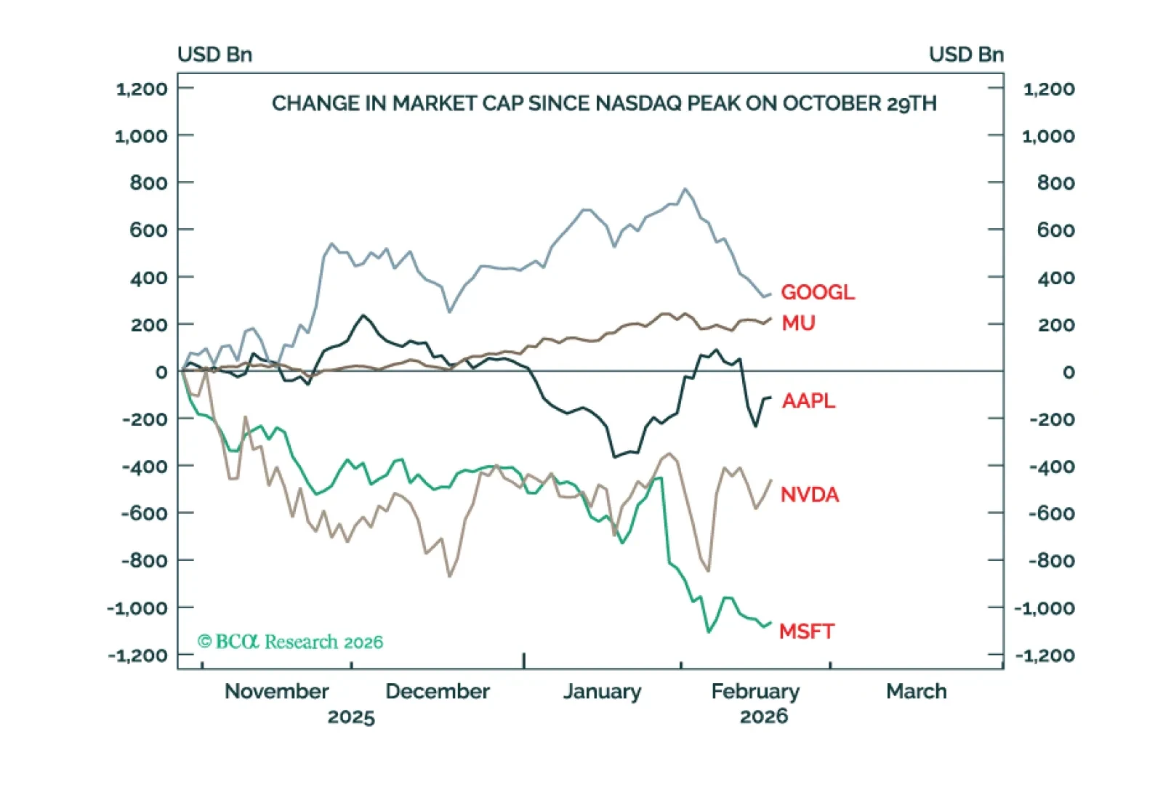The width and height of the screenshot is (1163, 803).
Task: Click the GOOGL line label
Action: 818,292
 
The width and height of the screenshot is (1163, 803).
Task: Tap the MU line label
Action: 798,323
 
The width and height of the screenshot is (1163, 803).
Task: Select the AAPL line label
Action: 808,400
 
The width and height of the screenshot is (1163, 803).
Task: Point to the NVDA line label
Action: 810,495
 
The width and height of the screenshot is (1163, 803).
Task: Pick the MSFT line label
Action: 807,631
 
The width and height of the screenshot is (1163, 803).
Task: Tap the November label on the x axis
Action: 277,691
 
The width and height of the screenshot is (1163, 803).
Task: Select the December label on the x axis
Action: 438,691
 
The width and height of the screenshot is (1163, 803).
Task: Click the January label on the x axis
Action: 602,691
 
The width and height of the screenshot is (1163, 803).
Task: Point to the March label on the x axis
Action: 916,691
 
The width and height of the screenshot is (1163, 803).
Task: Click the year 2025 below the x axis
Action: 351,717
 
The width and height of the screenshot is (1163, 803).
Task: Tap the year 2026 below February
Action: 763,717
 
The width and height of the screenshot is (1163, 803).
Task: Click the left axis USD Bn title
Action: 214,55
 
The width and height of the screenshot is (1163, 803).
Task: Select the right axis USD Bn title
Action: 966,55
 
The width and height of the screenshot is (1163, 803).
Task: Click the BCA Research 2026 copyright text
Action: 291,642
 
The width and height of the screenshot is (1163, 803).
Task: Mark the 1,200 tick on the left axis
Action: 142,89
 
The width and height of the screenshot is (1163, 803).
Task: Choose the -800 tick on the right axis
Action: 1052,561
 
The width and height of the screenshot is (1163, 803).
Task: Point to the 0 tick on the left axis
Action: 161,372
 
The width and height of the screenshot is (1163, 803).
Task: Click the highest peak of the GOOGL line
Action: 685,189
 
